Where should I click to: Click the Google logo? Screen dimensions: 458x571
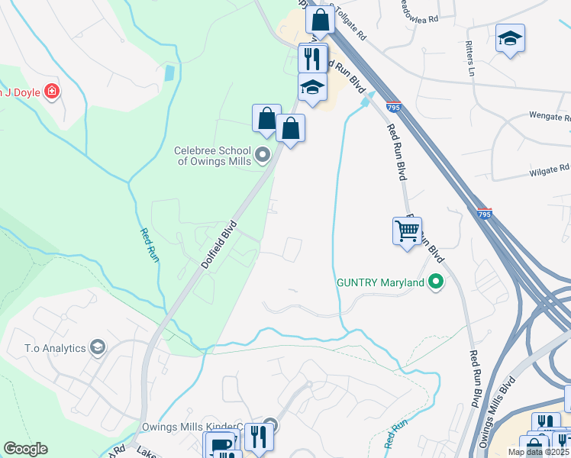(x=25, y=449)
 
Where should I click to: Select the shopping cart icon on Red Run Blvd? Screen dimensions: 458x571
(x=408, y=231)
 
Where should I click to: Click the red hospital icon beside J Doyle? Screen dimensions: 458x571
(x=52, y=93)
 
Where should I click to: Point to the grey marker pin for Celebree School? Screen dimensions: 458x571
(x=263, y=156)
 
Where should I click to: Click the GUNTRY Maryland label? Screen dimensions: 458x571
(x=380, y=283)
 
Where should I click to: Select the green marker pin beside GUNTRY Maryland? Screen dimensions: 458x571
(x=436, y=283)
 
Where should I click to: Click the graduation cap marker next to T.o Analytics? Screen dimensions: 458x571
(x=97, y=348)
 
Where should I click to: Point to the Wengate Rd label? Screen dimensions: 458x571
(x=550, y=117)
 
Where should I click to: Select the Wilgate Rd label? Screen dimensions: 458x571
(x=550, y=169)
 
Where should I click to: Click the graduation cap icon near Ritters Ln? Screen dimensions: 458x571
(x=510, y=39)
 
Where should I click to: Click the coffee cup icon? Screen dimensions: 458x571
(x=220, y=447)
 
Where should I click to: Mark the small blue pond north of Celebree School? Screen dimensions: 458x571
(x=169, y=74)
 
